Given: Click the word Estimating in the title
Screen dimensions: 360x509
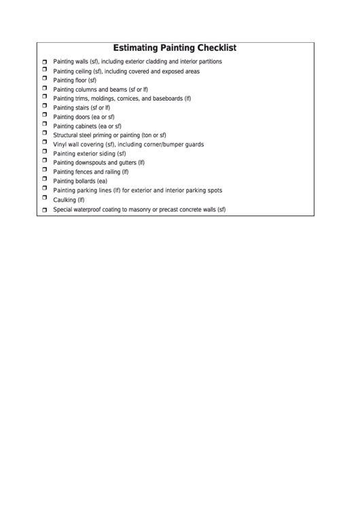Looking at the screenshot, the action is click(x=135, y=48).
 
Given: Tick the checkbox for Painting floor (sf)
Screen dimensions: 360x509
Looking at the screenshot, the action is click(x=44, y=80).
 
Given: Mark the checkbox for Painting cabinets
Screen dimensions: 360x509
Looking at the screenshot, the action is click(x=44, y=126).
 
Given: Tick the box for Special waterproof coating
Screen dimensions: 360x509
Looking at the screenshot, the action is click(x=44, y=211).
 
